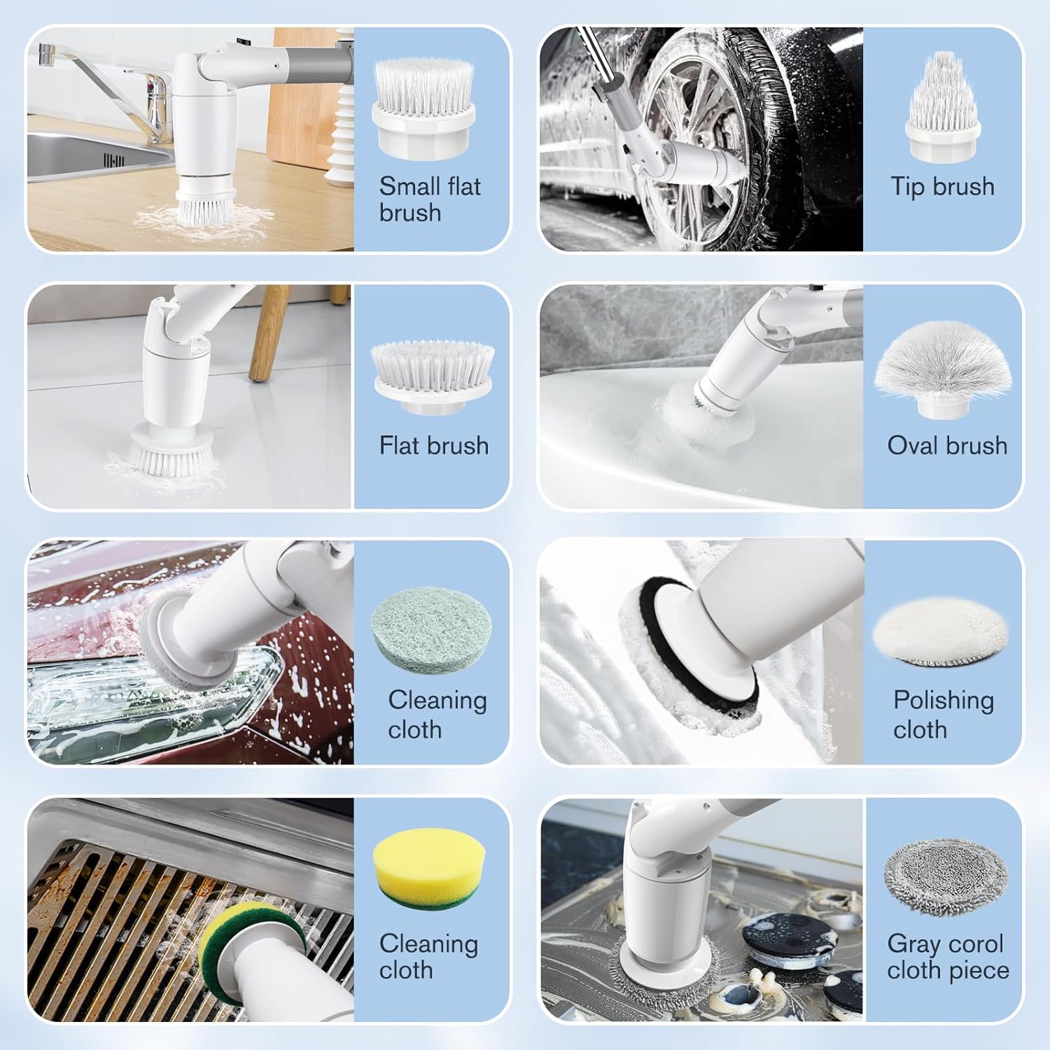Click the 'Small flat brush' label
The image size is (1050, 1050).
pos(430,199)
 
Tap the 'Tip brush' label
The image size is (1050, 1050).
pos(942,187)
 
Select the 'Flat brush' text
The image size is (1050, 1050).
pos(434,446)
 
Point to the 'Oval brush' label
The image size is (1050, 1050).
pos(947,446)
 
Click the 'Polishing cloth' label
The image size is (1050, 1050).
pos(943,715)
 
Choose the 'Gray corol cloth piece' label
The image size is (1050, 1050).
pos(948,957)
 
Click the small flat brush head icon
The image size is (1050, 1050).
pos(423,109)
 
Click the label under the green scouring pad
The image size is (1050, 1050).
pos(437,715)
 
